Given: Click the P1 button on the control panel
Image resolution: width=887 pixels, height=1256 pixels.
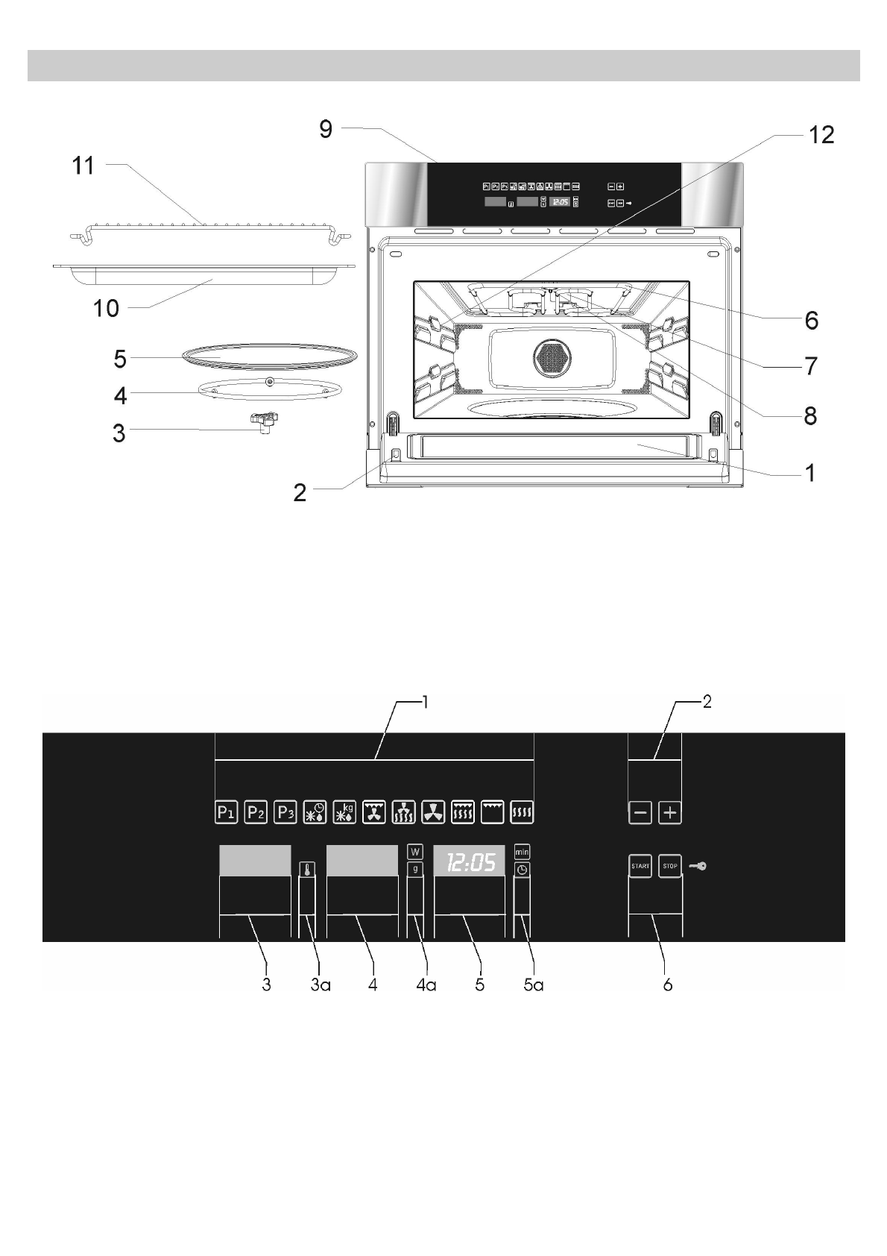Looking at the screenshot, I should point(226,812).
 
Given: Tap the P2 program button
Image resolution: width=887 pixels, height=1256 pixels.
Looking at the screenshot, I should point(256,812).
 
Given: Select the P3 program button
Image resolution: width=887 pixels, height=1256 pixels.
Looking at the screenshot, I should point(285,812).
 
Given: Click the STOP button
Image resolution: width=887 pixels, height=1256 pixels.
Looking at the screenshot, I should point(670,866).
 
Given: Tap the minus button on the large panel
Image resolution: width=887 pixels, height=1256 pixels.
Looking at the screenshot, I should point(640,812).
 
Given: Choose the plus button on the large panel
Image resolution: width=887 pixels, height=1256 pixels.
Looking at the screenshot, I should point(670,812).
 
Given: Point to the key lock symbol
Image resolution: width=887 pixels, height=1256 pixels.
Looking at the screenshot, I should point(698,866).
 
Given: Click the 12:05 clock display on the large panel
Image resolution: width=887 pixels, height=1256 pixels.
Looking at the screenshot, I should point(470,863).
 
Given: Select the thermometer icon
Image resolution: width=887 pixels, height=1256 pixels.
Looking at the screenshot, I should point(306,870).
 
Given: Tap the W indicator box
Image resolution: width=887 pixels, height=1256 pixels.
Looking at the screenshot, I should point(415,852).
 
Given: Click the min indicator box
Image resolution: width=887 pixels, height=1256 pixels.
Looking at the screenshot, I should point(522,852).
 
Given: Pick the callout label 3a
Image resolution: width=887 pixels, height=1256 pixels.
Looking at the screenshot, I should point(321,985).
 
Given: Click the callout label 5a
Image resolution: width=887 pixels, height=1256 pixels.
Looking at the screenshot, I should point(533,985).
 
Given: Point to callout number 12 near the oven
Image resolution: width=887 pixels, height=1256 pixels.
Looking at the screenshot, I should point(821,135).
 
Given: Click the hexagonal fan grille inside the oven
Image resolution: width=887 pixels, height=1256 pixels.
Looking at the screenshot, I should point(552,359).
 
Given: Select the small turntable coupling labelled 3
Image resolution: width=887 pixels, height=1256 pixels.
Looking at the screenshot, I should point(264,422).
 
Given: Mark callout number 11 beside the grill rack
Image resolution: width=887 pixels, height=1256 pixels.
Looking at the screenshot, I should point(83,166).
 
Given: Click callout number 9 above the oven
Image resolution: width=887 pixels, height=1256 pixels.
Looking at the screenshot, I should point(326,129).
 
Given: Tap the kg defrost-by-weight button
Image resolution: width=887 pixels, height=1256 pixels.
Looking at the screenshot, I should point(344,812).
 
